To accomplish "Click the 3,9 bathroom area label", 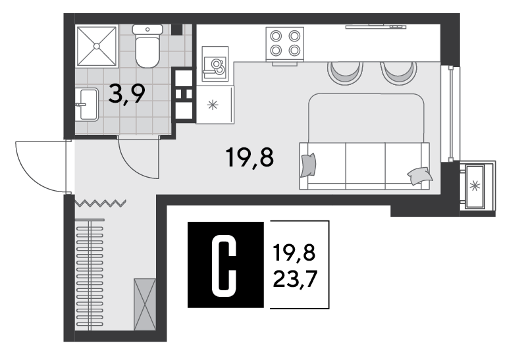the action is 127,94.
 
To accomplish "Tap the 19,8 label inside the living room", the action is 250,157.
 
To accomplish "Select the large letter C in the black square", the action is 224,265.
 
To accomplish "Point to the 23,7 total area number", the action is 295,279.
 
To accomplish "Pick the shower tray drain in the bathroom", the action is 97,46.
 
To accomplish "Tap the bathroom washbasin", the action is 86,105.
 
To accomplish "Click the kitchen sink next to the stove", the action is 215,64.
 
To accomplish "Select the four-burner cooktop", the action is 285,44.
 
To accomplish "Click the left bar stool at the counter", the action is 345,73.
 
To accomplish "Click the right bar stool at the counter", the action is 398,73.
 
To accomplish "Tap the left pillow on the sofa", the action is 308,165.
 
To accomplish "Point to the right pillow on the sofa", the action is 419,176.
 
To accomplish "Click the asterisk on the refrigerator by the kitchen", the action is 213,105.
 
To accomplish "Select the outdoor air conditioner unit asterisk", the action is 475,186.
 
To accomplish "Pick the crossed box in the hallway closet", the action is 145,304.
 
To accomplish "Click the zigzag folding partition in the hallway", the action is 100,203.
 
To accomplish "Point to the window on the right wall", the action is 450,114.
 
